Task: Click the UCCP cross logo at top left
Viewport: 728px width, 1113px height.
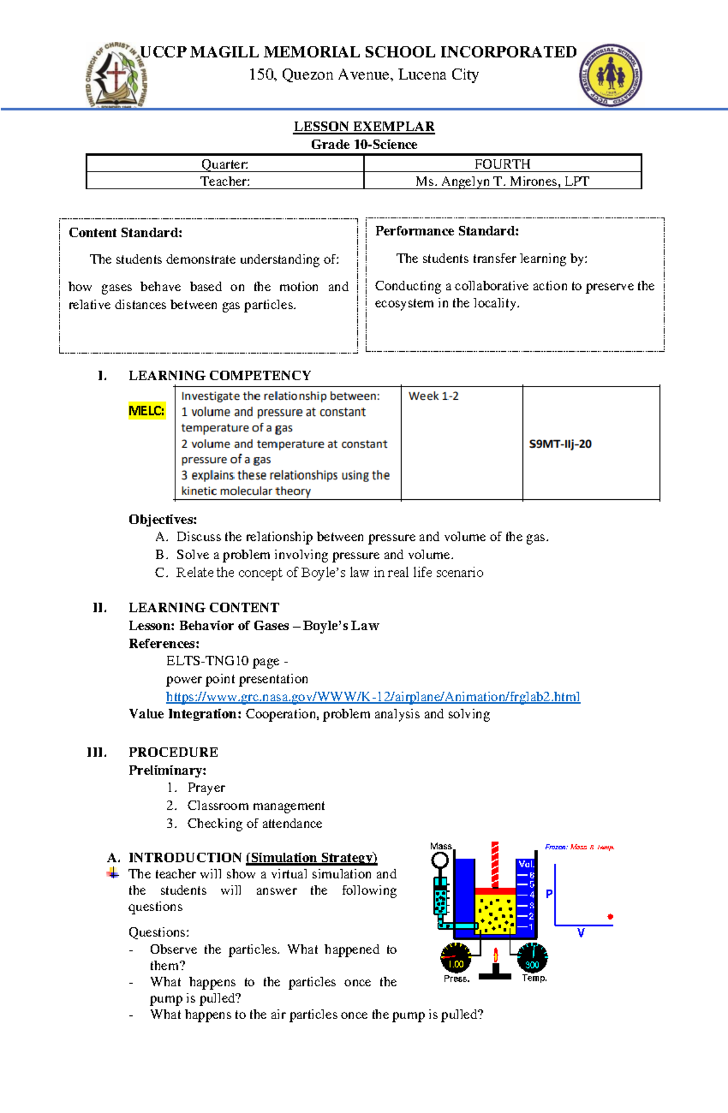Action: pyautogui.click(x=116, y=76)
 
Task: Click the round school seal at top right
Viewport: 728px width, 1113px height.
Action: pyautogui.click(x=611, y=76)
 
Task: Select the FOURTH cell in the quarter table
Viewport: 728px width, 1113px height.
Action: pyautogui.click(x=502, y=164)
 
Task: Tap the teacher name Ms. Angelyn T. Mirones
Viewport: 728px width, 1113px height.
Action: pyautogui.click(x=502, y=181)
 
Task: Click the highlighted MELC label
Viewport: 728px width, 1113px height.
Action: pyautogui.click(x=146, y=411)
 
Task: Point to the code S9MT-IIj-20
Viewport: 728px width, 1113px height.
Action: pyautogui.click(x=560, y=444)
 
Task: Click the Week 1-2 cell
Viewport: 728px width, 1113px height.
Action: pyautogui.click(x=433, y=396)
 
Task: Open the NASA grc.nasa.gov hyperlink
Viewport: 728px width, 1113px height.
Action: pyautogui.click(x=373, y=696)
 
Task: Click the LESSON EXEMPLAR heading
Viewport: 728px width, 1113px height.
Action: pyautogui.click(x=364, y=126)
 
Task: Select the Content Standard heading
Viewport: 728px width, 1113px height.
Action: pyautogui.click(x=126, y=233)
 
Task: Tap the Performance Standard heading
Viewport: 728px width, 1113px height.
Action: pyautogui.click(x=447, y=231)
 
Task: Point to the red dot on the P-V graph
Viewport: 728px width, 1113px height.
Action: pyautogui.click(x=610, y=916)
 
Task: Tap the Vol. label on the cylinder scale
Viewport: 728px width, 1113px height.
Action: pyautogui.click(x=525, y=864)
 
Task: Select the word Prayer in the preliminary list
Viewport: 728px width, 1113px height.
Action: pyautogui.click(x=206, y=788)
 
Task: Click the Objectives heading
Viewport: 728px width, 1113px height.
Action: pyautogui.click(x=163, y=519)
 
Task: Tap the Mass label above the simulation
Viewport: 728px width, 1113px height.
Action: pyautogui.click(x=440, y=846)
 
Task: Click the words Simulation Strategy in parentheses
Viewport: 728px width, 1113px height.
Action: pyautogui.click(x=312, y=858)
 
